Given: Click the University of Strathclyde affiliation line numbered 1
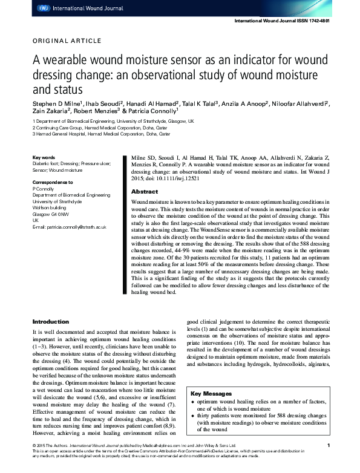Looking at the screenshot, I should coord(113,121).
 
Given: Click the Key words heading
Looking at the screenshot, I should coord(44,157).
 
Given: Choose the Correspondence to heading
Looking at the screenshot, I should coord(52,181).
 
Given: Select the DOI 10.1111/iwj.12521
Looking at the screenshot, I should coord(176,179).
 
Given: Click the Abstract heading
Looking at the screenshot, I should coord(145,191).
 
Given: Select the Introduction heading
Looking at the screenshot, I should coord(51,321).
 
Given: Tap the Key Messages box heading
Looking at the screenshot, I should coord(211,393).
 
